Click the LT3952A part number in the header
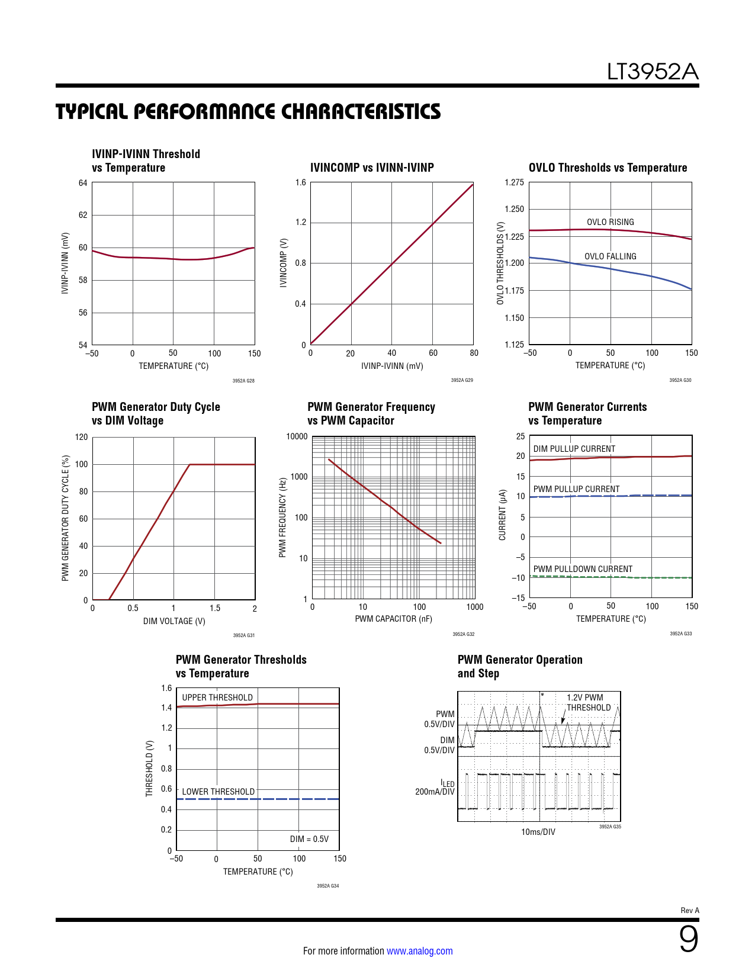pyautogui.click(x=653, y=72)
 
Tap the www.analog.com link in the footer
pyautogui.click(x=419, y=951)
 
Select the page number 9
pyautogui.click(x=688, y=939)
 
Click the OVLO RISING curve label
pyautogui.click(x=610, y=222)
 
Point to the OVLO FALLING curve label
pyautogui.click(x=610, y=256)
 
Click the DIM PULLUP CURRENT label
pyautogui.click(x=574, y=449)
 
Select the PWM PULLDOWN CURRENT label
pyautogui.click(x=583, y=569)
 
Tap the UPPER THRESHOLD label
pyautogui.click(x=217, y=698)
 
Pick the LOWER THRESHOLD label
pyautogui.click(x=218, y=792)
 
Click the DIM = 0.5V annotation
pyautogui.click(x=309, y=839)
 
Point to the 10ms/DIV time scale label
pyautogui.click(x=538, y=832)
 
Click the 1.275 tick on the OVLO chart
pyautogui.click(x=514, y=182)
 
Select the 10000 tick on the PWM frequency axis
pyautogui.click(x=297, y=437)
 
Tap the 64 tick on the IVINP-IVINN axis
pyautogui.click(x=83, y=183)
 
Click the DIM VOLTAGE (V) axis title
pyautogui.click(x=174, y=621)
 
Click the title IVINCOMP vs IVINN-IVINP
pyautogui.click(x=372, y=168)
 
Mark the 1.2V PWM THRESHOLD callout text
pyautogui.click(x=588, y=703)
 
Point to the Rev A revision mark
pyautogui.click(x=690, y=911)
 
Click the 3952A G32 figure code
pyautogui.click(x=463, y=634)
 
